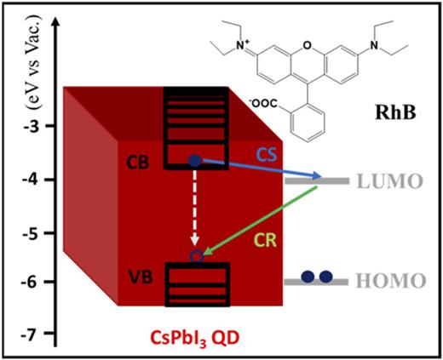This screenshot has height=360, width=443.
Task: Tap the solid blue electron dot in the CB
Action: pyautogui.click(x=196, y=160)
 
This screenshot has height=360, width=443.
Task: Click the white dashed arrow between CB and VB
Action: pyautogui.click(x=197, y=208)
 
